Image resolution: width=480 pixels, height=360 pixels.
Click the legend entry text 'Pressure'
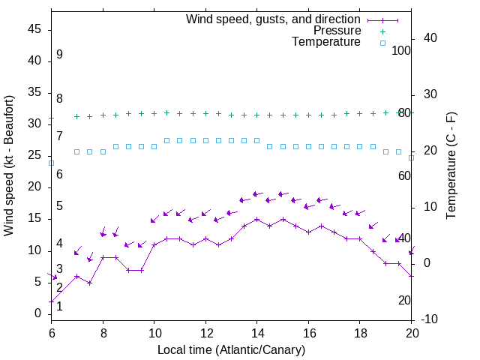pos(337,31)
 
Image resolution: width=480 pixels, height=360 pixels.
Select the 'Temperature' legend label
pos(326,43)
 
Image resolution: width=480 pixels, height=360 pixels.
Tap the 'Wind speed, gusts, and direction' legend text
pos(274,19)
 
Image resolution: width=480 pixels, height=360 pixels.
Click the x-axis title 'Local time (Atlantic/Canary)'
pos(232,349)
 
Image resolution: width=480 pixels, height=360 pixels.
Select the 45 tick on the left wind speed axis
pos(33,29)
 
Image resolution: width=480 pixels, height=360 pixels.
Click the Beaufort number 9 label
pos(59,55)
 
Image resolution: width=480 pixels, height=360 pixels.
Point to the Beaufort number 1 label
pos(59,306)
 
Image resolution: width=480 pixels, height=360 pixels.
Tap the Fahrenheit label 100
pos(402,51)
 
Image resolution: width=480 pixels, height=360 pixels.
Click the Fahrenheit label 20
pos(404,301)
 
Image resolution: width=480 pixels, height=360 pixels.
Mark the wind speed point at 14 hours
pos(257,219)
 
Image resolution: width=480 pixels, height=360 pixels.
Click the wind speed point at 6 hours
pos(52,301)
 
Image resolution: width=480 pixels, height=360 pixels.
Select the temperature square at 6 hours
pos(52,163)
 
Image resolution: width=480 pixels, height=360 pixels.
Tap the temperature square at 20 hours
pos(412,157)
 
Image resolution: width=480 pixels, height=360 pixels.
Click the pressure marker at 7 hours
pos(77,116)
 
